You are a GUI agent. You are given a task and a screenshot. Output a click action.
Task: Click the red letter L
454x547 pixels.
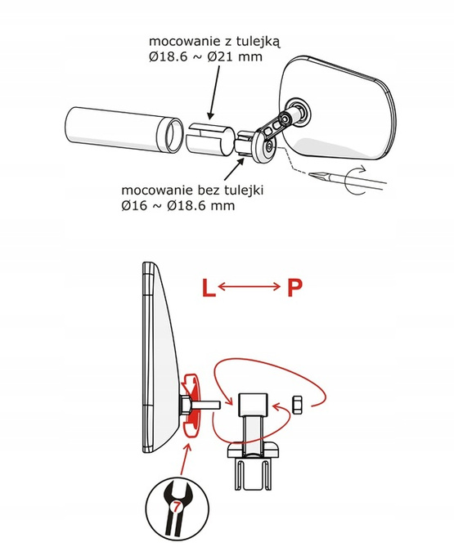coord(209,288)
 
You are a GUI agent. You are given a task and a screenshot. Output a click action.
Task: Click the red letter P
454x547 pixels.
coord(294,288)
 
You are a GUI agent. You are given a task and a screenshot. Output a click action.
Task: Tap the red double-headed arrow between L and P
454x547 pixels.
coord(249,287)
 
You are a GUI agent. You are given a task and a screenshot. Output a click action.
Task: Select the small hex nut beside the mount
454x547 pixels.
coord(297,405)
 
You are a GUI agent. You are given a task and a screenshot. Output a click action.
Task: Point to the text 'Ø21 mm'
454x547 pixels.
coord(235,57)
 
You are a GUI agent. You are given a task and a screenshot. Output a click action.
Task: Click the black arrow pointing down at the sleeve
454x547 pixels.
coord(214,92)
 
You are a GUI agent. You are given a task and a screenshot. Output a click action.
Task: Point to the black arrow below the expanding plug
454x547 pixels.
coord(233,168)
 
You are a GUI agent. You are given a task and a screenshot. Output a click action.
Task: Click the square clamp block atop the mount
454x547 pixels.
coord(253,405)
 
